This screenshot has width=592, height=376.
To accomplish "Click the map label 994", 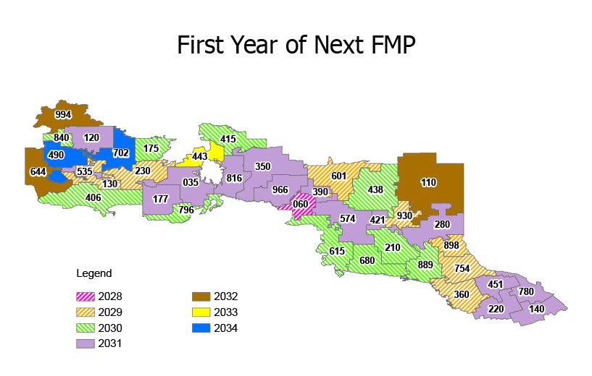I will pyautogui.click(x=63, y=114).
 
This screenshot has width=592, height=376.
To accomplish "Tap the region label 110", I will pyautogui.click(x=428, y=182).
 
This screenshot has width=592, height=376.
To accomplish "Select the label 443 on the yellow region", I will pyautogui.click(x=200, y=157).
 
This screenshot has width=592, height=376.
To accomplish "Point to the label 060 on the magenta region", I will pyautogui.click(x=300, y=204).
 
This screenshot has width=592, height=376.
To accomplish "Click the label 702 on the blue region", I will pyautogui.click(x=121, y=153).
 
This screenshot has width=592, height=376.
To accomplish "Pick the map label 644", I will pyautogui.click(x=38, y=172).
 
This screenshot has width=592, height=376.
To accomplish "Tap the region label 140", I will pyautogui.click(x=536, y=309).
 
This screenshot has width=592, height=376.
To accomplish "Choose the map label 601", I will pyautogui.click(x=338, y=176).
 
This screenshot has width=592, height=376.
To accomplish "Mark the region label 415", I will pyautogui.click(x=228, y=139).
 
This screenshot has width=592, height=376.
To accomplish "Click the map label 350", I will pyautogui.click(x=262, y=166).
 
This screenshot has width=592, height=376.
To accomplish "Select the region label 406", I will pyautogui.click(x=93, y=197).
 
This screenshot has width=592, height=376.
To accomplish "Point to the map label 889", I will pyautogui.click(x=425, y=265).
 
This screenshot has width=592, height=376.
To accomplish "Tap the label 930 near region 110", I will pyautogui.click(x=404, y=215).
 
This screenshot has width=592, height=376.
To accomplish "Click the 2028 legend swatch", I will pyautogui.click(x=88, y=296).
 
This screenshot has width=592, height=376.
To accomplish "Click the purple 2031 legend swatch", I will pyautogui.click(x=88, y=343).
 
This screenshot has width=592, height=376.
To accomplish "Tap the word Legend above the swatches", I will pyautogui.click(x=94, y=273).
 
